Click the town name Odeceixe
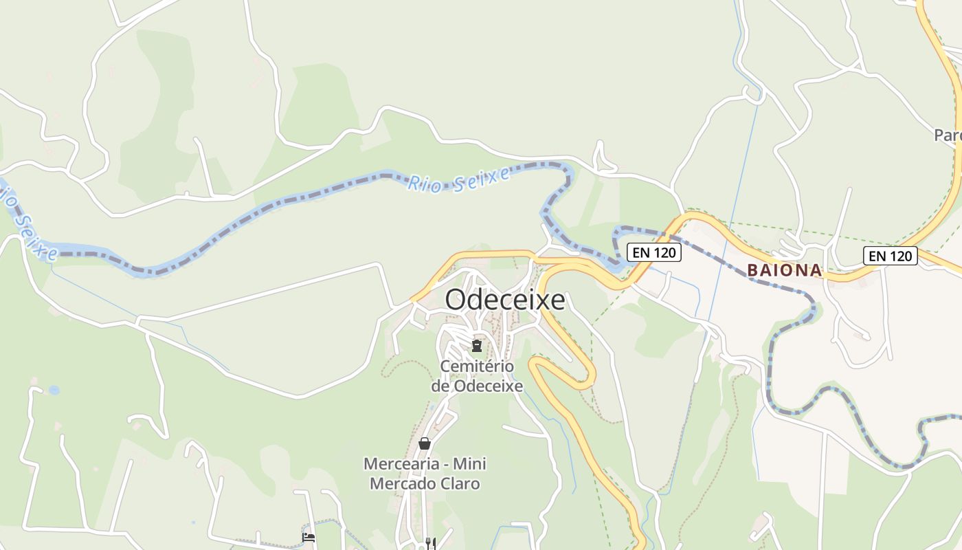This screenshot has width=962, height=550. (505, 300)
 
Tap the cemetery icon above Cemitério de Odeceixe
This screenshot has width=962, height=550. (476, 345)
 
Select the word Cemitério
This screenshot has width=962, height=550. (476, 366)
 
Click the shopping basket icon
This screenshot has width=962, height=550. (425, 443)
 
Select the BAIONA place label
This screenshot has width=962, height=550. (785, 270)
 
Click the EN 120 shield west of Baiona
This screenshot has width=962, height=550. (653, 252)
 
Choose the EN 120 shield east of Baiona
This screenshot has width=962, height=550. (891, 256)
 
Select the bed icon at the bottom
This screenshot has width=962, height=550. (309, 537)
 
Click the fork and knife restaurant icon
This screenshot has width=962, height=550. (431, 543)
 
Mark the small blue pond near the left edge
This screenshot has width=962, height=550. (54, 390)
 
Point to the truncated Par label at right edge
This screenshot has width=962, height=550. (948, 135)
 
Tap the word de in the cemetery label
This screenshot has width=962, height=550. (441, 386)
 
